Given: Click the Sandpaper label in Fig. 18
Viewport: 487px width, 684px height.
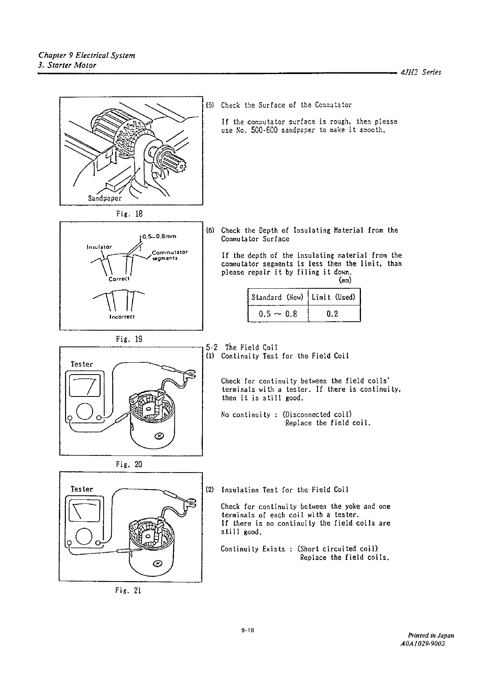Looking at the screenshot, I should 105,198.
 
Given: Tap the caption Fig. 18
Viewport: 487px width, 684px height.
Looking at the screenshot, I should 129,213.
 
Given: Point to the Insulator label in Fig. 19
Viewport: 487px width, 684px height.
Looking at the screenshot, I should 99,247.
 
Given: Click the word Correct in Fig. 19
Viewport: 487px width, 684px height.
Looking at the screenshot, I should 119,279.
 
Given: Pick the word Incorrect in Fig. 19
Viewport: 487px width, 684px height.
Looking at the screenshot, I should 122,316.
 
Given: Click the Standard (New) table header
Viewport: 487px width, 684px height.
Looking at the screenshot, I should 277,297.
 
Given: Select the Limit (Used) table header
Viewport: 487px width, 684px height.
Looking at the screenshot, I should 334,297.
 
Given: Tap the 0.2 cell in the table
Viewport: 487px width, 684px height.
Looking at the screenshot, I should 333,314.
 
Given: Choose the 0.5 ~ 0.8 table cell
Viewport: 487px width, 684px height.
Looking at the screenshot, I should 278,314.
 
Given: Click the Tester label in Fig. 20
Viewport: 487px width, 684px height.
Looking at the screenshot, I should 82,364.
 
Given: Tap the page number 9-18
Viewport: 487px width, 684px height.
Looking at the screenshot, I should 247,631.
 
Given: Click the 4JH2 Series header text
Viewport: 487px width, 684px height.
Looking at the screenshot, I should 420,72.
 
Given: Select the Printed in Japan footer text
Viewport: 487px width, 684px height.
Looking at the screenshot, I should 431,635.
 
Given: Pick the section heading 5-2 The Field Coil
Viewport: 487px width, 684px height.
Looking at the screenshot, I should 241,347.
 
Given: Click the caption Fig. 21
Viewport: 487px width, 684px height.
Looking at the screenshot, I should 128,590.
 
